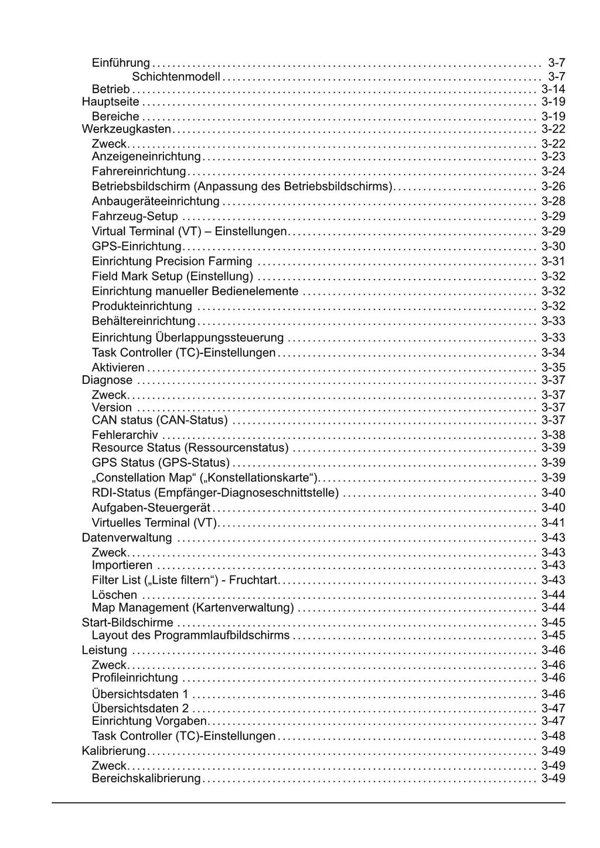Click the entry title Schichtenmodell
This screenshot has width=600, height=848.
tap(176, 77)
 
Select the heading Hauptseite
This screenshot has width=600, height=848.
tap(111, 102)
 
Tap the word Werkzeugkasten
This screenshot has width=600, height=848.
tap(127, 129)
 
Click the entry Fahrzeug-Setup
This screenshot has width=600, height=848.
tap(135, 216)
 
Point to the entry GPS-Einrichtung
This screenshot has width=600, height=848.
tap(137, 247)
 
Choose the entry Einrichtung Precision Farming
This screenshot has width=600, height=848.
tap(172, 261)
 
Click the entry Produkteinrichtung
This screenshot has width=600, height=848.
tap(142, 306)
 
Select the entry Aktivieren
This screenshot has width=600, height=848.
tap(118, 368)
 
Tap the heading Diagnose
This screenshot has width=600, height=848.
tap(107, 380)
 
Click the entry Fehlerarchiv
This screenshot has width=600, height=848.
tap(125, 435)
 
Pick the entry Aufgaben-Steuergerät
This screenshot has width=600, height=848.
tap(151, 508)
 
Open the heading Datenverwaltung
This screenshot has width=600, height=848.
tap(127, 538)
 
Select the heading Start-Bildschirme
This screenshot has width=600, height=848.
tap(128, 623)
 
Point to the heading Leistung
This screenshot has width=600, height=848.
tap(104, 651)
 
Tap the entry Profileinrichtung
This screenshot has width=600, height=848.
tap(135, 678)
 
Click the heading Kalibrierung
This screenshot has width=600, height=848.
tap(114, 751)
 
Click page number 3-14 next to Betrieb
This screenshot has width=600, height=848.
tap(553, 90)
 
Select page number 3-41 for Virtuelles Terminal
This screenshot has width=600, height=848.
tap(553, 523)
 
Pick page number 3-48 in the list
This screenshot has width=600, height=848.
tap(553, 736)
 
